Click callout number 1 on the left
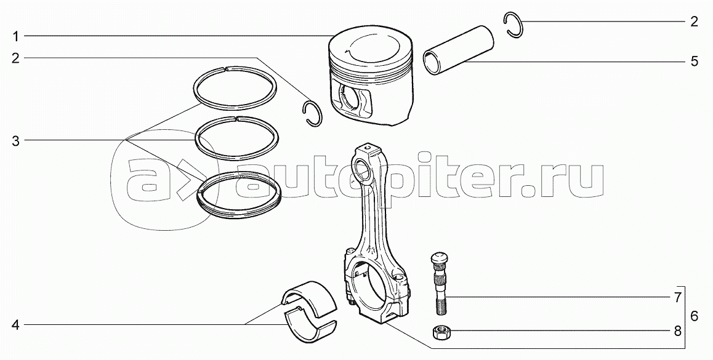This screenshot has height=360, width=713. pyautogui.click(x=15, y=36)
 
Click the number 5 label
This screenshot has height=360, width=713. pyautogui.click(x=694, y=62)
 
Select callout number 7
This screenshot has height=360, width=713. pyautogui.click(x=677, y=298)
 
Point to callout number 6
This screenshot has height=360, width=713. pyautogui.click(x=695, y=316)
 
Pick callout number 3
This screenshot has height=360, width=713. pyautogui.click(x=15, y=141)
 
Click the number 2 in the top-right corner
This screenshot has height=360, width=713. pyautogui.click(x=694, y=22)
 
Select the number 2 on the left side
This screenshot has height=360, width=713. pyautogui.click(x=15, y=58)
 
